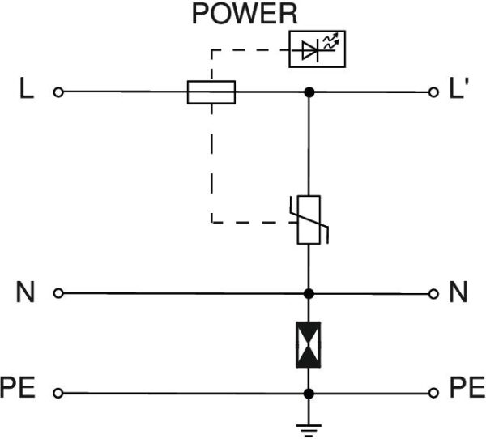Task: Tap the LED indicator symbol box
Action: pyautogui.click(x=316, y=50)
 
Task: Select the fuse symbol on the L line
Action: pyautogui.click(x=211, y=92)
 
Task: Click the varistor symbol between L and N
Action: pyautogui.click(x=309, y=219)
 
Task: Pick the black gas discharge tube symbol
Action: pyautogui.click(x=309, y=344)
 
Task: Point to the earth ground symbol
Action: pyautogui.click(x=309, y=428)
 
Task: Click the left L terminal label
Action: pyautogui.click(x=27, y=92)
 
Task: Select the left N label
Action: pyautogui.click(x=26, y=292)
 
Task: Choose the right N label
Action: pyautogui.click(x=458, y=292)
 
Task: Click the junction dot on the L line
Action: pyautogui.click(x=309, y=92)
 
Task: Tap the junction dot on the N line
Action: pyautogui.click(x=309, y=292)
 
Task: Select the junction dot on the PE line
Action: pyautogui.click(x=309, y=394)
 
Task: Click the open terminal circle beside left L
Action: pyautogui.click(x=58, y=92)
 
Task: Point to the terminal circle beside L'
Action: pyautogui.click(x=435, y=92)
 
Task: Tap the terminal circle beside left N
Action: pyautogui.click(x=58, y=292)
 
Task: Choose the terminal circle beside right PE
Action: pyautogui.click(x=435, y=394)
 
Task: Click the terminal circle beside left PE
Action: pyautogui.click(x=58, y=394)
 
